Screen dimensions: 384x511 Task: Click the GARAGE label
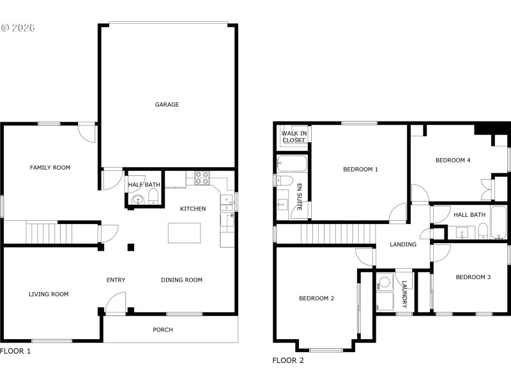click(167, 104)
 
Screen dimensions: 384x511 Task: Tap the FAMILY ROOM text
click(50, 168)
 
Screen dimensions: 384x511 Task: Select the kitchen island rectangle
click(185, 232)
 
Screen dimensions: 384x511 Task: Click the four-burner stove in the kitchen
click(202, 177)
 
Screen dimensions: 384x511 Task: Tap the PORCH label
click(162, 330)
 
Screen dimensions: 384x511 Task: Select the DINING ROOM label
click(181, 280)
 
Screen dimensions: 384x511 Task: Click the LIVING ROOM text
click(49, 294)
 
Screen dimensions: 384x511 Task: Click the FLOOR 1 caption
click(15, 351)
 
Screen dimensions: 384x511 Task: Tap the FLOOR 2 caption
click(288, 360)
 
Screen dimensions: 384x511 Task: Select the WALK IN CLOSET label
click(294, 136)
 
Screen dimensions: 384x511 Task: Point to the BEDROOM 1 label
click(361, 170)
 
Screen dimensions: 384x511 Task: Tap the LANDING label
click(403, 244)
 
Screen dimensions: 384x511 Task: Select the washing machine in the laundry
click(385, 282)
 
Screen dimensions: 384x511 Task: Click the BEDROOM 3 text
click(473, 277)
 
